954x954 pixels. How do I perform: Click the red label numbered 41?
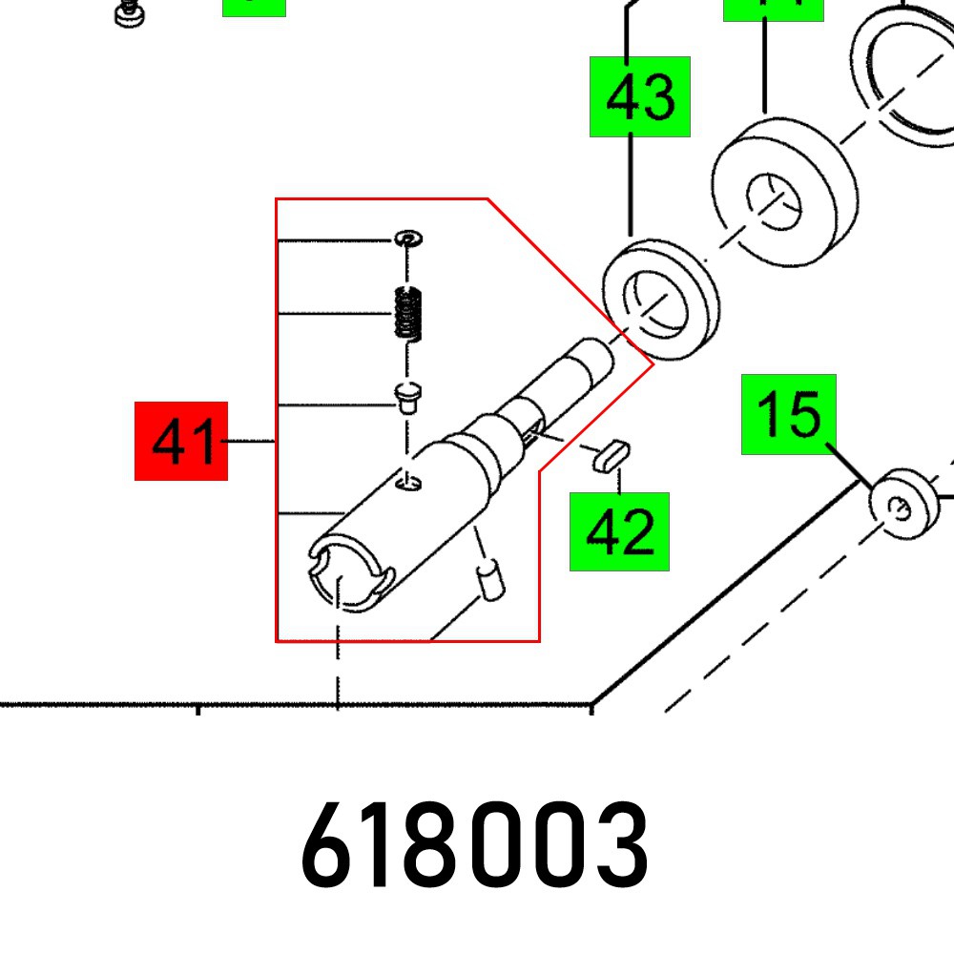click(x=181, y=441)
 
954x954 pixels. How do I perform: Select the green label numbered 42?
click(x=619, y=531)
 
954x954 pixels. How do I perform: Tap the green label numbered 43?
click(x=639, y=96)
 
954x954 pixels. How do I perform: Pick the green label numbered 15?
click(x=789, y=414)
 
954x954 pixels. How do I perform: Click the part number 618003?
click(x=474, y=845)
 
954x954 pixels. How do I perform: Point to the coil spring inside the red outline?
click(x=408, y=313)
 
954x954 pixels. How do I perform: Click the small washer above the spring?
click(x=409, y=237)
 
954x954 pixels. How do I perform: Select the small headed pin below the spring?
click(x=410, y=394)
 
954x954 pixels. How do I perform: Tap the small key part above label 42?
click(x=607, y=454)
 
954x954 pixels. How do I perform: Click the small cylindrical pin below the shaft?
click(x=490, y=581)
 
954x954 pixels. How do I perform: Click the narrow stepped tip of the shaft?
click(x=588, y=363)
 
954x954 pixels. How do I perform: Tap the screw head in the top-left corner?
click(x=128, y=12)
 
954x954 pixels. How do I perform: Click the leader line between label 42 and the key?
click(x=619, y=480)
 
